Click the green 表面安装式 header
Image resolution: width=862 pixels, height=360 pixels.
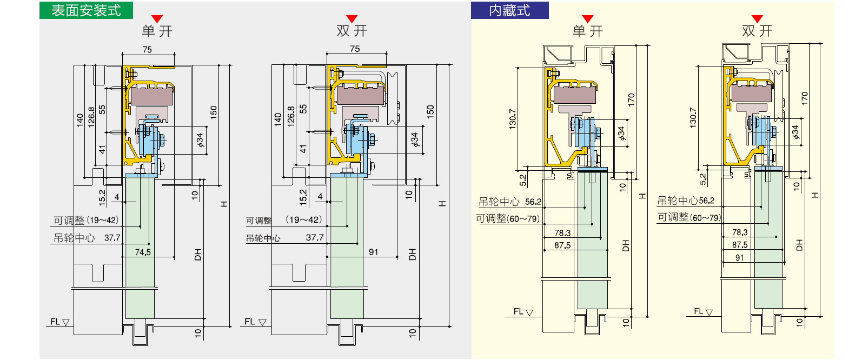(86, 10)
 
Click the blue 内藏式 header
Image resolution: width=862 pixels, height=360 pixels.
(509, 10)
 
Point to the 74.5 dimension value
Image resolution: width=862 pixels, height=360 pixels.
(143, 252)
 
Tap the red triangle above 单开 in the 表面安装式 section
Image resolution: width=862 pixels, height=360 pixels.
(157, 19)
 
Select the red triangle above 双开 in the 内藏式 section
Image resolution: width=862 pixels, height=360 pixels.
(757, 19)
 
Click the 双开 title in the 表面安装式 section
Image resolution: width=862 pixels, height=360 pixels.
(352, 31)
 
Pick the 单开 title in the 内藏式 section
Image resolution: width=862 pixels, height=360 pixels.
(588, 31)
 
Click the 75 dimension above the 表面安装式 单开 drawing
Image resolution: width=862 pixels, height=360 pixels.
(147, 50)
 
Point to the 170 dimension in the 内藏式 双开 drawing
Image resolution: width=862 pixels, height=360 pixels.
(805, 98)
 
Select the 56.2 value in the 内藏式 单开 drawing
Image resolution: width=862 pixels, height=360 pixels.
(533, 202)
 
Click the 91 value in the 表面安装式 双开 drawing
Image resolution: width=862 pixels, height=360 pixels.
(374, 252)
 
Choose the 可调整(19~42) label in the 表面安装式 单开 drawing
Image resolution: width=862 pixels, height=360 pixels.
(85, 221)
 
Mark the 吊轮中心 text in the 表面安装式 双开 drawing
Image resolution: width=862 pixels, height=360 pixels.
(263, 238)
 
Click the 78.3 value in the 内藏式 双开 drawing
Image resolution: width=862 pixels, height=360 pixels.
(740, 232)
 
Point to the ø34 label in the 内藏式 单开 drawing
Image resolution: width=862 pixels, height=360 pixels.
(621, 133)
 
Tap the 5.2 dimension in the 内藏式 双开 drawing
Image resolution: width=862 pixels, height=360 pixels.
(702, 179)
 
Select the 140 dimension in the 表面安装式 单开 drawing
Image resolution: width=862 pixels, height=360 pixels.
(80, 119)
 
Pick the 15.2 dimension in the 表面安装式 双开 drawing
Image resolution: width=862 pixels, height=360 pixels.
(303, 197)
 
